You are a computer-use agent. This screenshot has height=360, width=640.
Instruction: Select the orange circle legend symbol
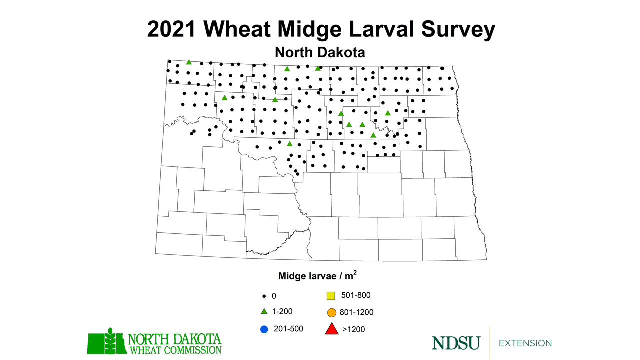330,313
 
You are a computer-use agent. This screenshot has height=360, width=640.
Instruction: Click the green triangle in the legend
264,311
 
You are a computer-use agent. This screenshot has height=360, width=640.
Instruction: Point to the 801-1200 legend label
356,313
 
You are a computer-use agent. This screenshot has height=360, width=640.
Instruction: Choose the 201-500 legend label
288,328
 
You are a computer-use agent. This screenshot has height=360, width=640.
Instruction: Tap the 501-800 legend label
355,295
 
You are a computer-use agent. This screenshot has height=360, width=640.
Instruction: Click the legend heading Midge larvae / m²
317,275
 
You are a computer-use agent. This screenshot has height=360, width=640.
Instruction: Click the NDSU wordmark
456,343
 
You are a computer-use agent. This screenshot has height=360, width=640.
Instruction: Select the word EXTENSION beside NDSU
525,343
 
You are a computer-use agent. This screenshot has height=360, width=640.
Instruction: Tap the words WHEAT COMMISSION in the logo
175,349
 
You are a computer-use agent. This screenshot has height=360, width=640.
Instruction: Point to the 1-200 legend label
282,311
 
